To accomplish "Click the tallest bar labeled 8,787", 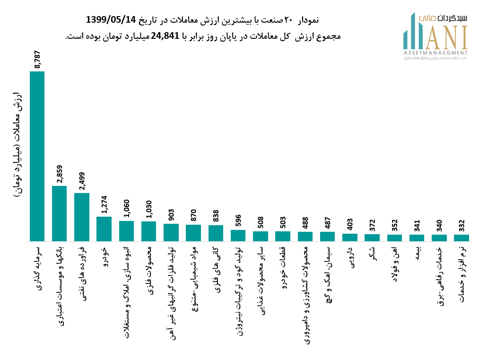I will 37,156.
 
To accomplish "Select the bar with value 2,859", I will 59,213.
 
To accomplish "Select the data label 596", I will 238,220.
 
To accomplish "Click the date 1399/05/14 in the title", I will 111,20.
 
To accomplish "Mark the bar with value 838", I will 216,233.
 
